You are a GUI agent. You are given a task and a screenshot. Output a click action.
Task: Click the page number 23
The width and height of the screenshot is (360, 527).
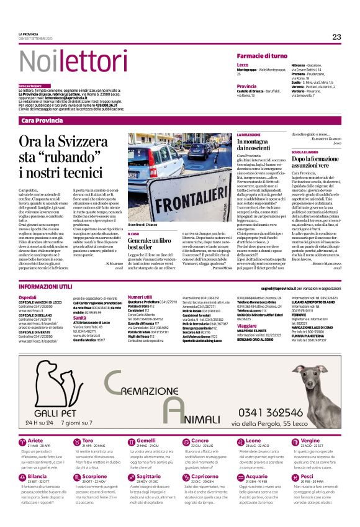(x=336, y=37)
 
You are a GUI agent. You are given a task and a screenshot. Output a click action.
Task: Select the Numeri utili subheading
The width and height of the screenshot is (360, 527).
(x=140, y=297)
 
